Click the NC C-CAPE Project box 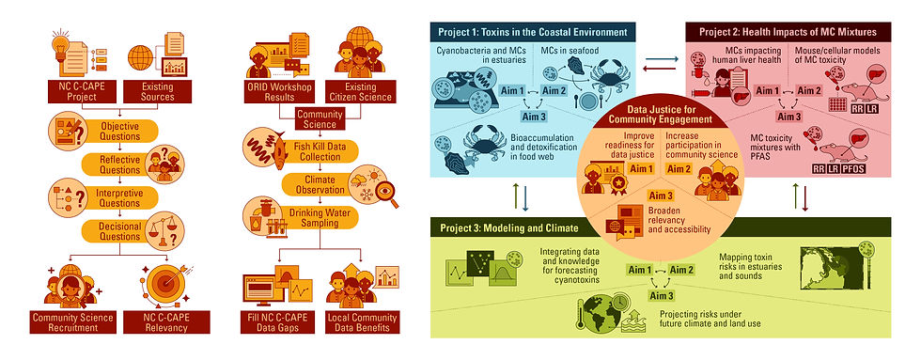coord(74,90)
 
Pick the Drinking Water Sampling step coord(315,225)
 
